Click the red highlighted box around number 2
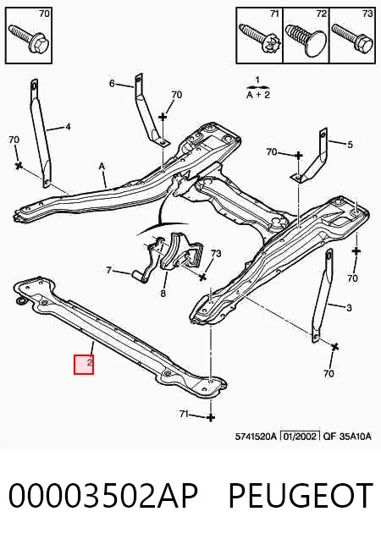[84, 365]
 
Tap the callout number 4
[68, 127]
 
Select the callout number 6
[112, 84]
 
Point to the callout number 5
[350, 145]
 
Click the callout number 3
[349, 308]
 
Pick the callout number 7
[109, 271]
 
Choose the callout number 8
[163, 294]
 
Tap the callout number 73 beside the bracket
[216, 254]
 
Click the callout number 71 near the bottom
[184, 415]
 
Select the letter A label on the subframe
[102, 167]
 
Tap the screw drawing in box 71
[260, 38]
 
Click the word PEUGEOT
[301, 496]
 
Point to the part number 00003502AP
[103, 496]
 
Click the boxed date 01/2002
[301, 437]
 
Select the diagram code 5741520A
[256, 437]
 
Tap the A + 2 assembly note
[258, 95]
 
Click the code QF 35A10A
[347, 437]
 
